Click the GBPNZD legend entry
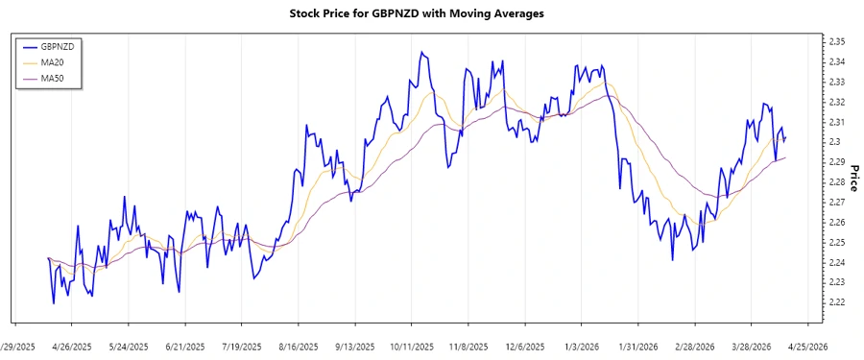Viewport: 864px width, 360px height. pyautogui.click(x=52, y=46)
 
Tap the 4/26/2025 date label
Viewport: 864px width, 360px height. pyautogui.click(x=71, y=347)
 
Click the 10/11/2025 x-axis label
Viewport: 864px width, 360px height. pyautogui.click(x=414, y=347)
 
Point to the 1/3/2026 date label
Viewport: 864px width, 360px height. pyautogui.click(x=584, y=347)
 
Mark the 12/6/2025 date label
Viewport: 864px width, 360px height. pyautogui.click(x=525, y=347)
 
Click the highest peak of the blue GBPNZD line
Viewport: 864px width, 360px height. pyautogui.click(x=421, y=52)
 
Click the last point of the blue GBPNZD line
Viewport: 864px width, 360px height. pyautogui.click(x=785, y=139)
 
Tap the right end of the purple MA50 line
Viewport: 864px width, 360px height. pyautogui.click(x=785, y=157)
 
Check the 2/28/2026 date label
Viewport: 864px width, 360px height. pyautogui.click(x=694, y=347)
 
